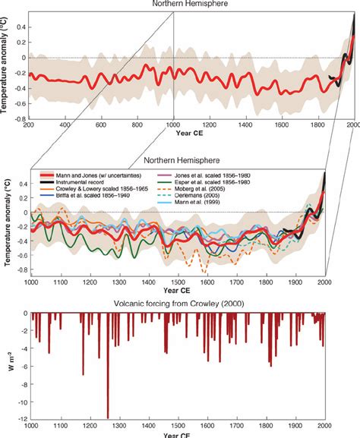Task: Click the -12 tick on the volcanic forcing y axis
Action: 18,418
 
